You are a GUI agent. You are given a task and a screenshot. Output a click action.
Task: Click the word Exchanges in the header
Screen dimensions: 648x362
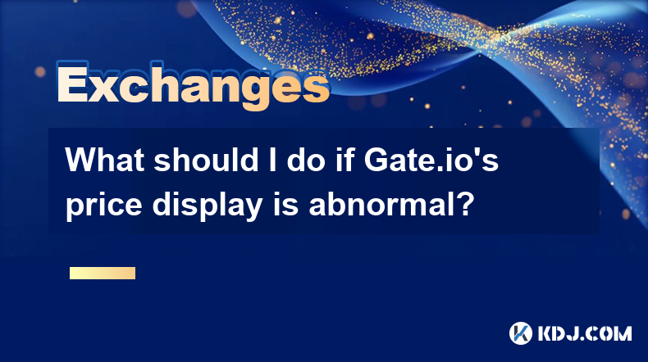point(193,85)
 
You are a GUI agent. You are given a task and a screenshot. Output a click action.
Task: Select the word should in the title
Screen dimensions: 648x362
point(206,160)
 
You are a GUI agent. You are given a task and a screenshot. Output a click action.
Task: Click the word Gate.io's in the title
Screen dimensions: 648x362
point(431,160)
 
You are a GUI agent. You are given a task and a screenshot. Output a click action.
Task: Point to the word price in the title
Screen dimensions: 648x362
point(104,205)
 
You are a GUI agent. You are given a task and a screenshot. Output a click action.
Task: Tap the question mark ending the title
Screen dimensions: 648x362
point(465,203)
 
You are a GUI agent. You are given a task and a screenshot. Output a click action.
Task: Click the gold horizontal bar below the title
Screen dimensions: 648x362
point(103,273)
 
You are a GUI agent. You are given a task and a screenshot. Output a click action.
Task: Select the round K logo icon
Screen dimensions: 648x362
point(521,333)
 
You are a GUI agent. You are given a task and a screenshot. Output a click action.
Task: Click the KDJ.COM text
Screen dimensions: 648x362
point(585,333)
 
